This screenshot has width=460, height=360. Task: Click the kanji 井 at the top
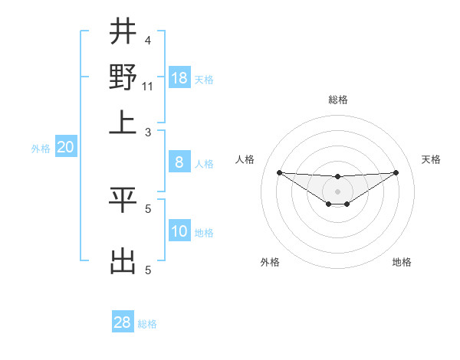[123, 32]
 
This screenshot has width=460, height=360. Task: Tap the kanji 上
[123, 123]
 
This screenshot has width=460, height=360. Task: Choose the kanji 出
[123, 261]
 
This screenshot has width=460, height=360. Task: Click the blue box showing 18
[179, 78]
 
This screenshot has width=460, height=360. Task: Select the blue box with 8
[179, 162]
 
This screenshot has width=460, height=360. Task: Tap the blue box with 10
[179, 231]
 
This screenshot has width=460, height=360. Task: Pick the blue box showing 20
[65, 148]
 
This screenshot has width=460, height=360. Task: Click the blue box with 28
[123, 322]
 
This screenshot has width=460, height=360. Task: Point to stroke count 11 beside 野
[148, 86]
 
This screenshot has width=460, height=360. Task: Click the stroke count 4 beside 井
[148, 41]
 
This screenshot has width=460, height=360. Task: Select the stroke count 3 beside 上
[148, 132]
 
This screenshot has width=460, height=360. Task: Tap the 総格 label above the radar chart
[337, 100]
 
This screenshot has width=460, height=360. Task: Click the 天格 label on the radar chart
[432, 159]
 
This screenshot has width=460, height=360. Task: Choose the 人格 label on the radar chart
[245, 159]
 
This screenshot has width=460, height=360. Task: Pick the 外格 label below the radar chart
[270, 262]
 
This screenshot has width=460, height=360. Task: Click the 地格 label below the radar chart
[402, 262]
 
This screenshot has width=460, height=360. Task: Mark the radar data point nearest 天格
[396, 172]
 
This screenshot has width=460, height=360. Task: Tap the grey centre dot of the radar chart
[337, 191]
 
